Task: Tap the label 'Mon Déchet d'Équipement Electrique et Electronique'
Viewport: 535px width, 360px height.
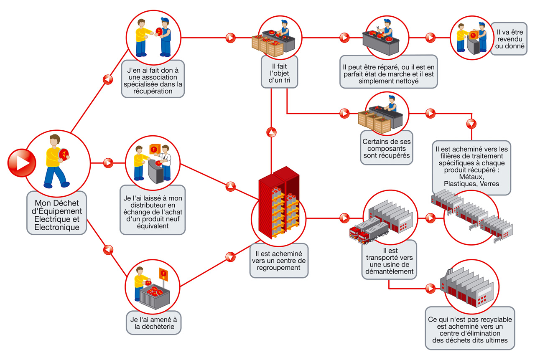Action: tap(56, 213)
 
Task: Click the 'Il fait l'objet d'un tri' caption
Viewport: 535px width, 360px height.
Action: tap(279, 73)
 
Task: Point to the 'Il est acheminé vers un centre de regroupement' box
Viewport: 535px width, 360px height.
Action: tap(279, 260)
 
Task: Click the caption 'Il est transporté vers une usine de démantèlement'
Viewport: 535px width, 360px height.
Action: tap(389, 261)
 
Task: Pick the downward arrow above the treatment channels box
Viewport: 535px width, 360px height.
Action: tap(471, 124)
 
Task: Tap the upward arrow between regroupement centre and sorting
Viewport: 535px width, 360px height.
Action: tap(271, 132)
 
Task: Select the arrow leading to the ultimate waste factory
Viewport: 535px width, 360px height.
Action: tap(430, 288)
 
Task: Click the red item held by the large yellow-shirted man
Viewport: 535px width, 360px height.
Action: tap(64, 154)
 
